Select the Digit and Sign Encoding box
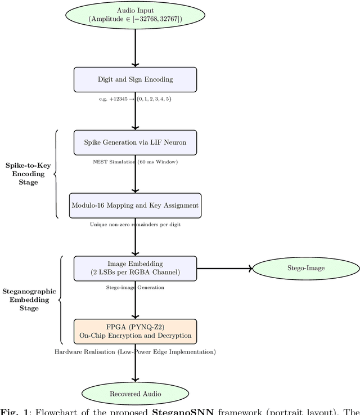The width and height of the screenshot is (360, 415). (x=135, y=79)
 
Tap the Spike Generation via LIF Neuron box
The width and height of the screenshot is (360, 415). (x=135, y=142)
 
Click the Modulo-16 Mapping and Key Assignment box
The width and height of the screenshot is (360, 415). (x=135, y=206)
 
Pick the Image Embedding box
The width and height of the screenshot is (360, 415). (x=135, y=268)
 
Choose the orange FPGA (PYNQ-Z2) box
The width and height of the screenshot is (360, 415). (x=135, y=331)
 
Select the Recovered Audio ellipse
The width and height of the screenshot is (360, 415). (x=135, y=394)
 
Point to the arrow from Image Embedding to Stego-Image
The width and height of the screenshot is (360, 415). (x=224, y=268)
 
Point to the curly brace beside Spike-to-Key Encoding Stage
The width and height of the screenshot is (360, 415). (x=56, y=174)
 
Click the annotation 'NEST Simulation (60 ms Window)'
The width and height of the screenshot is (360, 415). (x=135, y=162)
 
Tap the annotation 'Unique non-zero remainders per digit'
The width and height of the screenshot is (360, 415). (x=135, y=224)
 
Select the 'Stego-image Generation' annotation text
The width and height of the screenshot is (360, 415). (x=135, y=287)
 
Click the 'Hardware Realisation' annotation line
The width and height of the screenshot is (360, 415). (x=135, y=351)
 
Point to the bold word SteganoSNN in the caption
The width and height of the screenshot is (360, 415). (x=179, y=411)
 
